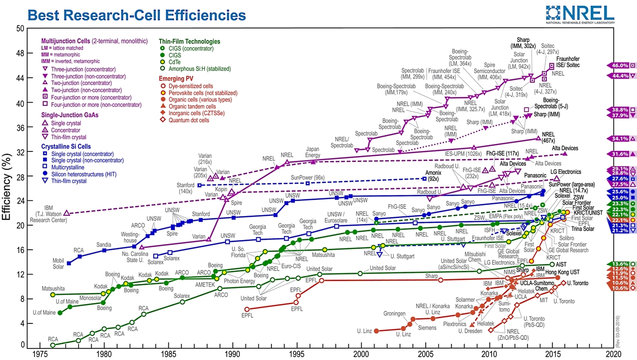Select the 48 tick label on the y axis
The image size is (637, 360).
click(x=21, y=53)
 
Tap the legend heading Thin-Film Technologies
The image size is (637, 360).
click(x=189, y=42)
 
